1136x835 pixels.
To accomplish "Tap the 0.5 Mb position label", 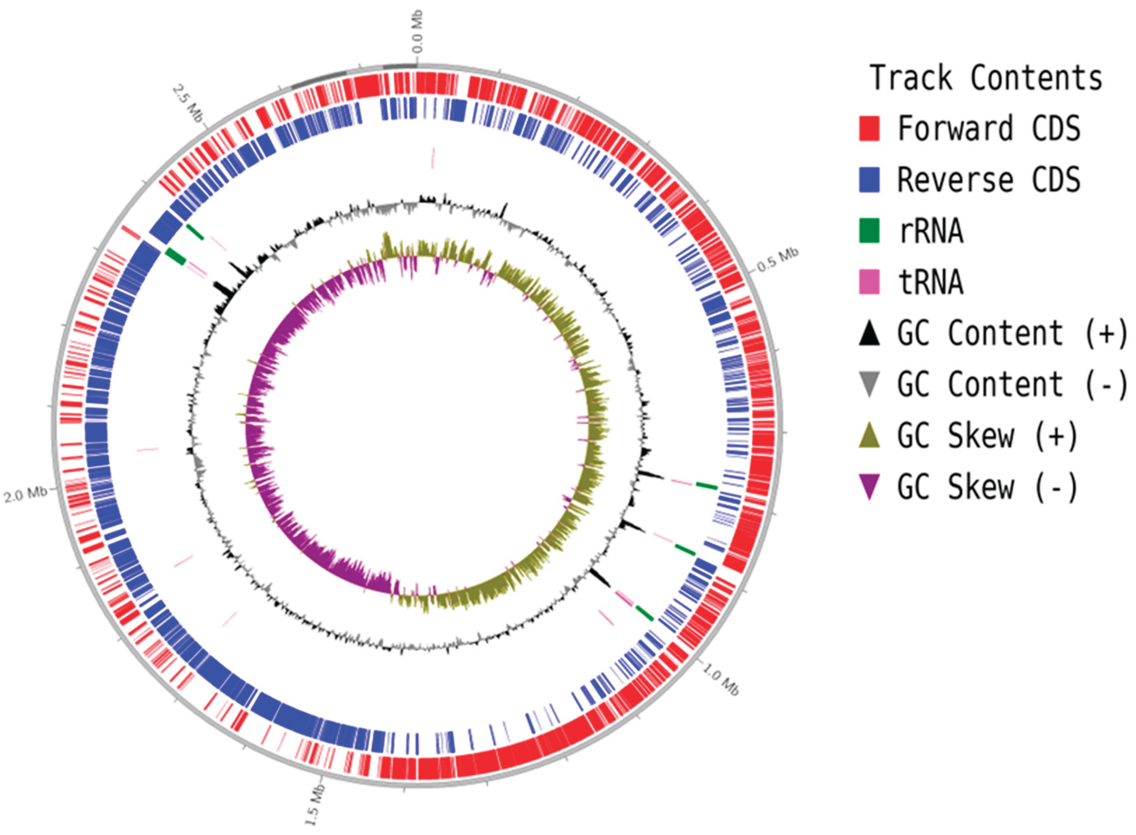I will point(777,259).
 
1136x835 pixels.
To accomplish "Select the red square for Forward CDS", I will point(869,128).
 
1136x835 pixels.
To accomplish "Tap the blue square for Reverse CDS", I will point(869,180).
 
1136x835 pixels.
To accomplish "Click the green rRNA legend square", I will point(869,231).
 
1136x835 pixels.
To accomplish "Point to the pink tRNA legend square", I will point(869,282).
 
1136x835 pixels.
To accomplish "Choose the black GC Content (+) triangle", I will point(869,334).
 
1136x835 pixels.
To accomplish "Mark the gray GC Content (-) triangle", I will point(869,384).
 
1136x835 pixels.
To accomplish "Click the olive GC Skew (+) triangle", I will point(869,436).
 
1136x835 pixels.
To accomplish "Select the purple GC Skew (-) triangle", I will point(869,487).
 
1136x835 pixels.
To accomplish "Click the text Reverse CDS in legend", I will point(988,180).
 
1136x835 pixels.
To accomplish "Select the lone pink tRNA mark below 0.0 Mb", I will point(432,158).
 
